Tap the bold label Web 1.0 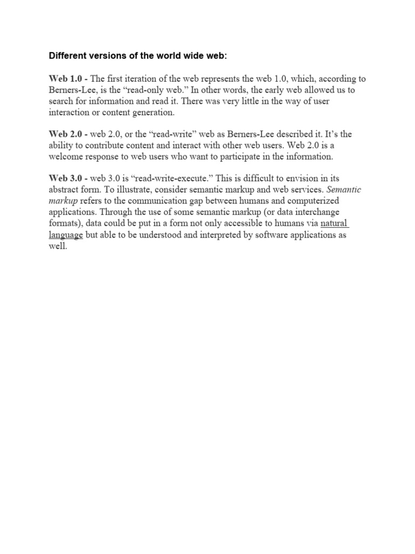click(65, 79)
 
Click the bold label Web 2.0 click(65, 134)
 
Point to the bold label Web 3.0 click(65, 178)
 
